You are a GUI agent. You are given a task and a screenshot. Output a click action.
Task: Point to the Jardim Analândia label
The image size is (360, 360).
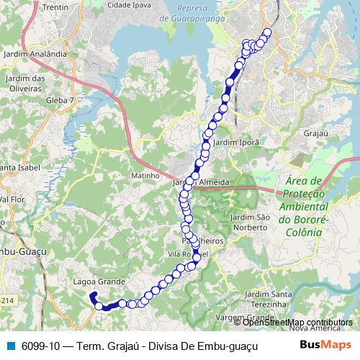pyautogui.click(x=35, y=54)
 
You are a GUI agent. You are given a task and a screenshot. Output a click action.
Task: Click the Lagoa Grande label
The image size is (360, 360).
pyautogui.click(x=100, y=282)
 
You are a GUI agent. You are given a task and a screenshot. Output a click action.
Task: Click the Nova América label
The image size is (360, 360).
pyautogui.click(x=307, y=328)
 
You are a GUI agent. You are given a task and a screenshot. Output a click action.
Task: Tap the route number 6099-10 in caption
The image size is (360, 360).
pyautogui.click(x=35, y=345)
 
